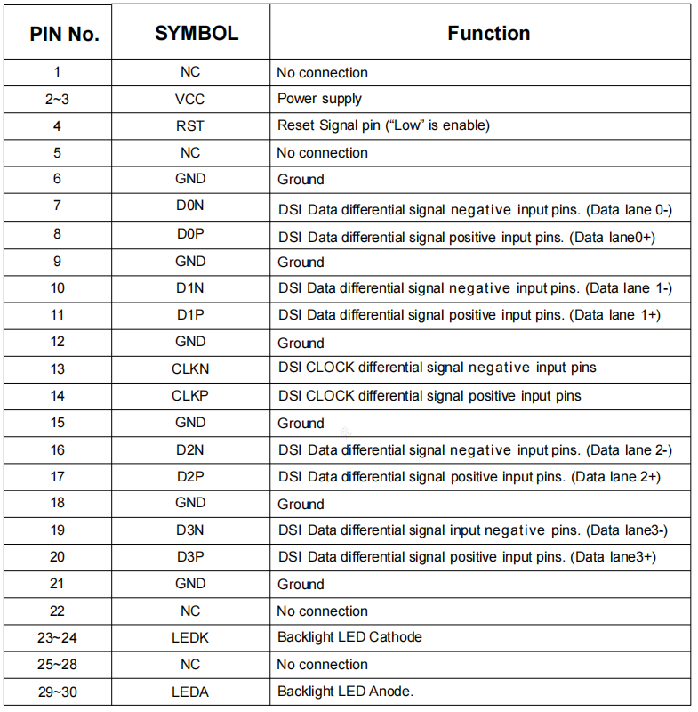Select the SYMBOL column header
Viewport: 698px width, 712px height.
(x=196, y=33)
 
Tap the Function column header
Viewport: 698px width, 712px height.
(x=488, y=33)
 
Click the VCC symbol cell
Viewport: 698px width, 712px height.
(x=190, y=99)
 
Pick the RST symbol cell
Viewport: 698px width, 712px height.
(x=190, y=125)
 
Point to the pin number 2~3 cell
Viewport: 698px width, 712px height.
(x=58, y=99)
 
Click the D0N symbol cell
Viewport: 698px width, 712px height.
(x=190, y=206)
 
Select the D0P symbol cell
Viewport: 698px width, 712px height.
(x=190, y=234)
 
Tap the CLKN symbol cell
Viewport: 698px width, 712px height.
(x=190, y=368)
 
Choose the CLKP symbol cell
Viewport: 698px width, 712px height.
(x=190, y=395)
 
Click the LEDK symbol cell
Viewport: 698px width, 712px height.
(x=190, y=637)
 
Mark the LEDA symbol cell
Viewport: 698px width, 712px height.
(x=190, y=691)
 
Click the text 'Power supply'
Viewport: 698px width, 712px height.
(x=319, y=99)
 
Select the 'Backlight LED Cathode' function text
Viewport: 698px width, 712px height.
(x=349, y=637)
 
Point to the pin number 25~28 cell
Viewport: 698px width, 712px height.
(x=58, y=664)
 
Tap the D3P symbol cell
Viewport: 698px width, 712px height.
(x=190, y=556)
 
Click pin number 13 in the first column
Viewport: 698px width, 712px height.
(x=58, y=368)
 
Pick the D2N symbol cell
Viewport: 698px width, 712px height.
(x=190, y=449)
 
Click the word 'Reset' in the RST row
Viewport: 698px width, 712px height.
(x=296, y=125)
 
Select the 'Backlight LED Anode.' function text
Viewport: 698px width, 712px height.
(x=345, y=691)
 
